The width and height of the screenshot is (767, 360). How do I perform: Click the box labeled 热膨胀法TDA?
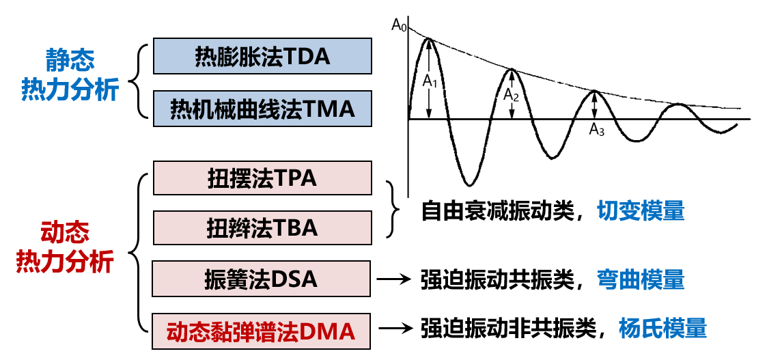tap(263, 56)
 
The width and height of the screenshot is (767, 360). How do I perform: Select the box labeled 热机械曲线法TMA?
tap(263, 108)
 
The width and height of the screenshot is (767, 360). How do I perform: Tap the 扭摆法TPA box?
tap(263, 178)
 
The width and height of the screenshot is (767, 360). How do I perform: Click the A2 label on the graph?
tap(512, 96)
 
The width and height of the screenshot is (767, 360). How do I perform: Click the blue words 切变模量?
tap(640, 211)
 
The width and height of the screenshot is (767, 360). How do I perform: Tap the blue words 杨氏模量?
tap(662, 329)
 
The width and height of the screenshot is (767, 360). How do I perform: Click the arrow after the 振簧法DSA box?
tap(393, 279)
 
